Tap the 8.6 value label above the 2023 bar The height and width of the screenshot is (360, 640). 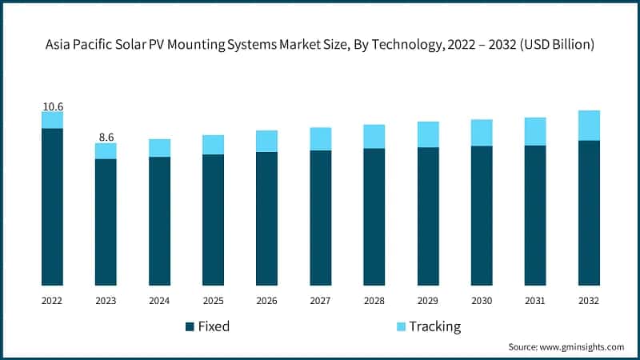tap(106, 137)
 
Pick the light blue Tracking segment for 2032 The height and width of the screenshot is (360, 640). tap(589, 126)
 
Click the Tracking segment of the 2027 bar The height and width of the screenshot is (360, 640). tap(321, 138)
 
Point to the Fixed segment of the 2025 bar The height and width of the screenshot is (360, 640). tap(213, 219)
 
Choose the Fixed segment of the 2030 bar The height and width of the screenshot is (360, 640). tap(482, 215)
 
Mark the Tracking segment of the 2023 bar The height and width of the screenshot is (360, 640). tap(106, 150)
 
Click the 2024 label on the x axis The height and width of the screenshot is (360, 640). tap(159, 300)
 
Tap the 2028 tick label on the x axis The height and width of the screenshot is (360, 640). tap(374, 300)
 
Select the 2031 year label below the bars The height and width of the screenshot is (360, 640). tap(535, 300)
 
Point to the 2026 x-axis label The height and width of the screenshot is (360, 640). tap(266, 300)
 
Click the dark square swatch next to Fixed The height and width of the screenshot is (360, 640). tap(190, 326)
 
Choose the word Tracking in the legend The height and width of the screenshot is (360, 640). tap(434, 326)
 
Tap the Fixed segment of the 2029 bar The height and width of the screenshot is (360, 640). tap(428, 216)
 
